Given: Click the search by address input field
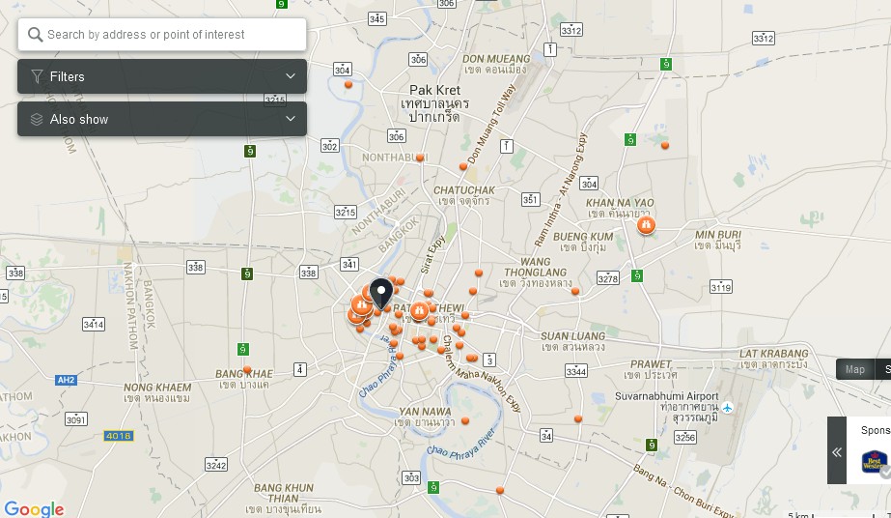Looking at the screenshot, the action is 162,35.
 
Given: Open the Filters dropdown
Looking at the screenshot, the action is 162,76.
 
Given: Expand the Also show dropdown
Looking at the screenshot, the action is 162,119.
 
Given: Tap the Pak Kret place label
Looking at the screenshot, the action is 435,90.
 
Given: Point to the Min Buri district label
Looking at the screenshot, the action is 717,234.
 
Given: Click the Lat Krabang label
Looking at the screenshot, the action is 773,354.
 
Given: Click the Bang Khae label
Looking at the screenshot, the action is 244,373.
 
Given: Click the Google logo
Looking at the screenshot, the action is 34,508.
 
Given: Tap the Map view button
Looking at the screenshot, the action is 855,369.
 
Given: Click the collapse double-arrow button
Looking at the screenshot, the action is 837,451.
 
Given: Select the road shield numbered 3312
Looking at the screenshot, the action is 571,30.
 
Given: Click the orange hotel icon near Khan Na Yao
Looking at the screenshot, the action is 646,225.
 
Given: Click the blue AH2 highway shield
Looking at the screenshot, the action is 66,380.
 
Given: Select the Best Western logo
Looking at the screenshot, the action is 875,461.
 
